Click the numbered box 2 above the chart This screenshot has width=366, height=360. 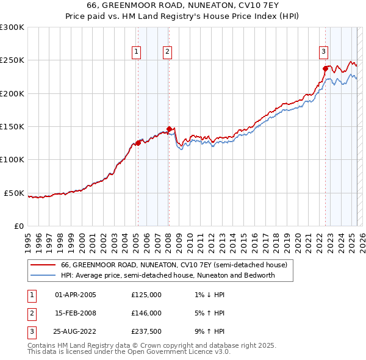pyautogui.click(x=167, y=52)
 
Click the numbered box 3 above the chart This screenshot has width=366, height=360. pyautogui.click(x=324, y=52)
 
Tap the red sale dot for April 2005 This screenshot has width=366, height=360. pyautogui.click(x=138, y=143)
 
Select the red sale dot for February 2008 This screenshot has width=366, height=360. pyautogui.click(x=169, y=129)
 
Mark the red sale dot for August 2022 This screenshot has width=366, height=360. pyautogui.click(x=325, y=68)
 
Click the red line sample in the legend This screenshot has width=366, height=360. pyautogui.click(x=43, y=265)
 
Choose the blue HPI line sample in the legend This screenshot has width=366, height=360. pyautogui.click(x=43, y=275)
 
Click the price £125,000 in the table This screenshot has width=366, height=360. pyautogui.click(x=146, y=295)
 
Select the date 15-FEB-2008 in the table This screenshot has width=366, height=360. pyautogui.click(x=76, y=313)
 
